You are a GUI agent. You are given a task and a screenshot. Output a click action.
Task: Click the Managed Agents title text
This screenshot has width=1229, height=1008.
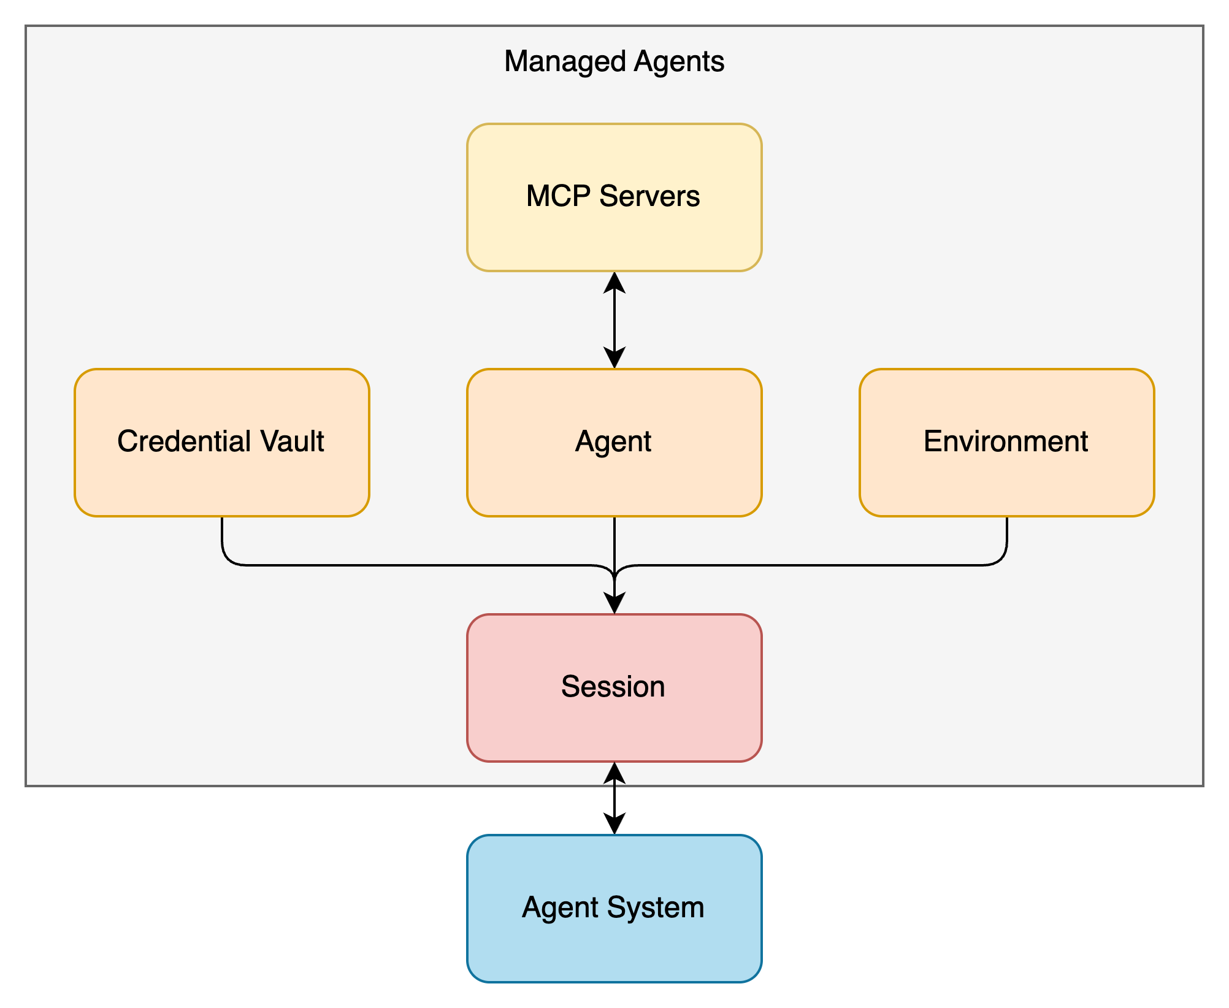click(x=614, y=62)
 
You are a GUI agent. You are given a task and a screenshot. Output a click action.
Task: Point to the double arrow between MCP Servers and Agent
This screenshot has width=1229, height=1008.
click(x=614, y=320)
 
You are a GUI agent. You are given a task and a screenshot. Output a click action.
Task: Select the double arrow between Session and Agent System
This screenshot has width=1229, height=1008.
click(x=614, y=798)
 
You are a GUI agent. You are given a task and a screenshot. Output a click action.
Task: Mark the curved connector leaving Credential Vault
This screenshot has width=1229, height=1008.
click(x=368, y=565)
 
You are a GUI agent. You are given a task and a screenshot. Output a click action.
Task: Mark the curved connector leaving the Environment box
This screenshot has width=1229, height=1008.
click(x=859, y=565)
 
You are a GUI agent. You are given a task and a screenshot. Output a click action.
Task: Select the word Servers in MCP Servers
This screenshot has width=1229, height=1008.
click(x=649, y=196)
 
